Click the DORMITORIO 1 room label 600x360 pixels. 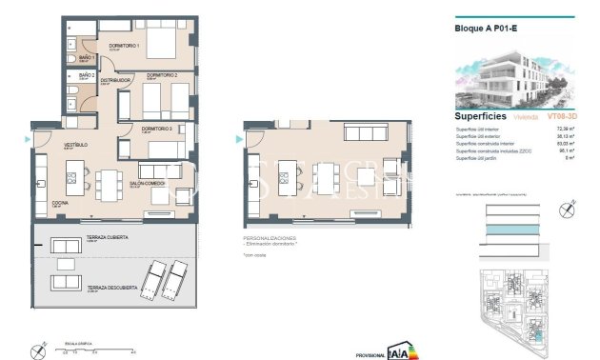(x=125, y=45)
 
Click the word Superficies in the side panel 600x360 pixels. (x=482, y=115)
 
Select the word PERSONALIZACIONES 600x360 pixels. (x=270, y=237)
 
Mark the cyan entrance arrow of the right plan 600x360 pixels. (x=238, y=138)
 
